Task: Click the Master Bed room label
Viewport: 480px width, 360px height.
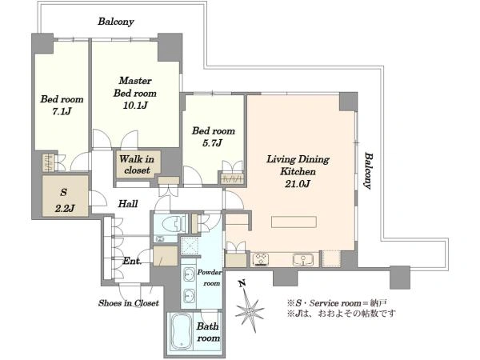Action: pyautogui.click(x=135, y=87)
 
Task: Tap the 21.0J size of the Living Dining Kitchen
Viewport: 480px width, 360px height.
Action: pyautogui.click(x=298, y=184)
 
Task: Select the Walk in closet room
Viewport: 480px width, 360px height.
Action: pyautogui.click(x=138, y=164)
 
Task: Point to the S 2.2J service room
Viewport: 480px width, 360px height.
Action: pyautogui.click(x=66, y=196)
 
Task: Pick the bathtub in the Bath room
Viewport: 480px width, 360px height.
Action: pyautogui.click(x=182, y=331)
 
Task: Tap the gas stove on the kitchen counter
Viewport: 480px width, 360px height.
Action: pyautogui.click(x=261, y=259)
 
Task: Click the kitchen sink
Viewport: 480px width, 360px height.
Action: pyautogui.click(x=302, y=259)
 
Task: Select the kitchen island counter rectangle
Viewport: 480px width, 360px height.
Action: pyautogui.click(x=294, y=222)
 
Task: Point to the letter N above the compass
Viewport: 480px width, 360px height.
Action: pyautogui.click(x=242, y=284)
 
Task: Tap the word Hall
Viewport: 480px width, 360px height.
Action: pyautogui.click(x=128, y=204)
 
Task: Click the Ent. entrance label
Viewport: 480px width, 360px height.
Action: pyautogui.click(x=132, y=261)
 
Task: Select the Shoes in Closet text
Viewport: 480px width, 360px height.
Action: pyautogui.click(x=129, y=303)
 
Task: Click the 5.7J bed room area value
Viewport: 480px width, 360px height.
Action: pyautogui.click(x=213, y=143)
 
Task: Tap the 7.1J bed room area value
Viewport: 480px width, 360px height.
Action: pyautogui.click(x=62, y=111)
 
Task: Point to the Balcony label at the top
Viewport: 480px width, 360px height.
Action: pyautogui.click(x=116, y=22)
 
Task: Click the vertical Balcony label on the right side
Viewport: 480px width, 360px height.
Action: pyautogui.click(x=368, y=171)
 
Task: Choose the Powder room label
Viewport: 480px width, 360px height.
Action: pyautogui.click(x=210, y=278)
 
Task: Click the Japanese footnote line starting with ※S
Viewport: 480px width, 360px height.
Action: pyautogui.click(x=337, y=303)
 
